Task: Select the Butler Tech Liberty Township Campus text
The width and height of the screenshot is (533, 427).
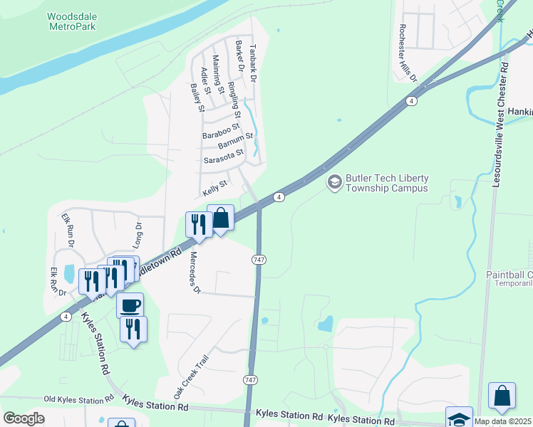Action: [x=387, y=184]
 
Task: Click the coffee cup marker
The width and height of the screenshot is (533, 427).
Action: [x=130, y=306]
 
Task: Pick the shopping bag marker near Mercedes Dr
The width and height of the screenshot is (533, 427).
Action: [x=221, y=218]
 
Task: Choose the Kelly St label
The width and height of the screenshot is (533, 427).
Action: [x=214, y=189]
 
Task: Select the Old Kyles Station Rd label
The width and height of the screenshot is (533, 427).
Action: [x=78, y=400]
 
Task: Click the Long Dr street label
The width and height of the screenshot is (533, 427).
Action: [x=138, y=235]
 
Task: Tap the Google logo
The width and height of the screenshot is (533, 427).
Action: [x=24, y=418]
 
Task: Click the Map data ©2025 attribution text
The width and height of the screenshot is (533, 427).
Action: [x=503, y=421]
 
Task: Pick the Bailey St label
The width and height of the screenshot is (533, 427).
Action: [x=197, y=97]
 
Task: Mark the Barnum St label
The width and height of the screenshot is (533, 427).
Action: [x=236, y=140]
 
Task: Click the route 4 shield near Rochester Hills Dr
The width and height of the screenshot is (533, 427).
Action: [x=412, y=101]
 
